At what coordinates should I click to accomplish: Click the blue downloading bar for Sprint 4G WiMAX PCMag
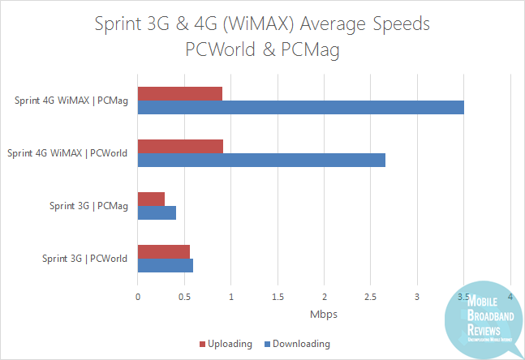pyautogui.click(x=300, y=108)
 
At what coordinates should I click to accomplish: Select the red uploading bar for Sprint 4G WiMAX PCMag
pyautogui.click(x=180, y=93)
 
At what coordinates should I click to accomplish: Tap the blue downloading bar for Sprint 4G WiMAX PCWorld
pyautogui.click(x=261, y=160)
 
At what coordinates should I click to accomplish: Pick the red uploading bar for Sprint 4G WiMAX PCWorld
pyautogui.click(x=180, y=146)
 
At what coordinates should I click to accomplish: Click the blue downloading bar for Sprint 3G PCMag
pyautogui.click(x=157, y=212)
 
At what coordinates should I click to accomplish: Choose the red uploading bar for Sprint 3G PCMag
pyautogui.click(x=151, y=199)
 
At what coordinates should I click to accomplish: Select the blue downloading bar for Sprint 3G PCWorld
pyautogui.click(x=166, y=265)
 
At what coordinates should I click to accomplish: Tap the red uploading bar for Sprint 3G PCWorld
pyautogui.click(x=164, y=251)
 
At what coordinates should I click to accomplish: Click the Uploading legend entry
pyautogui.click(x=226, y=344)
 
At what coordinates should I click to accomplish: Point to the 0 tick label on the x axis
pyautogui.click(x=138, y=296)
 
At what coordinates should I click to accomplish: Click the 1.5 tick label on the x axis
pyautogui.click(x=278, y=296)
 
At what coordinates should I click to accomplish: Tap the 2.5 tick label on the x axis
pyautogui.click(x=371, y=296)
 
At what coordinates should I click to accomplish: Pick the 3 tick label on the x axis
pyautogui.click(x=417, y=296)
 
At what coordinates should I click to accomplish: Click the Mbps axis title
pyautogui.click(x=324, y=313)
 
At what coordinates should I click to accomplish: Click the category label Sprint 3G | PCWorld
pyautogui.click(x=84, y=259)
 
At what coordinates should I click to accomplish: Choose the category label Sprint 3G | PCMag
pyautogui.click(x=88, y=206)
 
